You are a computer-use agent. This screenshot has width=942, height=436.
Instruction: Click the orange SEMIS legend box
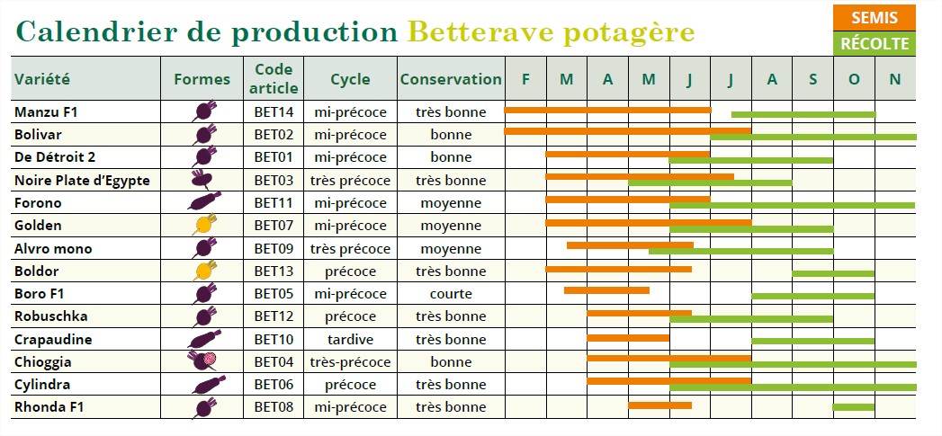tap(874, 18)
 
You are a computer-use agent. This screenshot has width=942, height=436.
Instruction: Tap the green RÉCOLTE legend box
tap(874, 43)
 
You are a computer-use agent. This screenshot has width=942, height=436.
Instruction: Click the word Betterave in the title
tap(477, 31)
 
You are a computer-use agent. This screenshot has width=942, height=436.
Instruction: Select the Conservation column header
tap(451, 79)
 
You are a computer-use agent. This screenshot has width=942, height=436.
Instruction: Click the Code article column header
tap(274, 79)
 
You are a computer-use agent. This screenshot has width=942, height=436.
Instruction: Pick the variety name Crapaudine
tap(53, 340)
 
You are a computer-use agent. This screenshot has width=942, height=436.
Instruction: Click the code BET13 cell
tap(274, 271)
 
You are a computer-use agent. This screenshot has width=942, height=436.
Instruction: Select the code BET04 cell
tap(274, 362)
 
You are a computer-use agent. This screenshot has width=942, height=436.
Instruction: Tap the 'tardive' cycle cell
tap(350, 340)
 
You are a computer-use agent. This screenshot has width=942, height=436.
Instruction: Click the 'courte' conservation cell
tap(451, 294)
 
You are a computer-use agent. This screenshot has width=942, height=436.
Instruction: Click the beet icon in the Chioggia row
tap(203, 361)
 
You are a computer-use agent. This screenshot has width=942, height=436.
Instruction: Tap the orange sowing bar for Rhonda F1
tap(659, 405)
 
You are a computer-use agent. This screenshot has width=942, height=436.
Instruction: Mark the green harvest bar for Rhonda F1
tap(853, 408)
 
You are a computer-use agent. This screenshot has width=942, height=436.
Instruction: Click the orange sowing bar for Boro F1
tap(606, 290)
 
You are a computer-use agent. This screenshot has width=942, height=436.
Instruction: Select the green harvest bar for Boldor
tap(832, 273)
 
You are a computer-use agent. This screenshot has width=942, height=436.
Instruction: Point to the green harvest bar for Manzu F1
tap(803, 114)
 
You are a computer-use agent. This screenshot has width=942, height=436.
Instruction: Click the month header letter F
tap(525, 79)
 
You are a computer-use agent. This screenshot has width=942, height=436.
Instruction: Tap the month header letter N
tap(894, 79)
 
